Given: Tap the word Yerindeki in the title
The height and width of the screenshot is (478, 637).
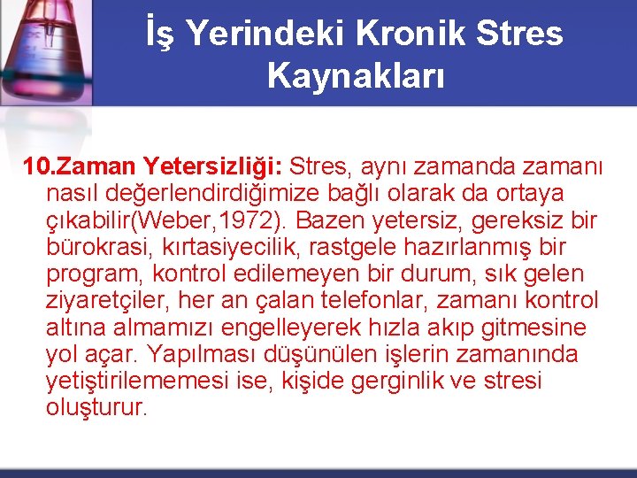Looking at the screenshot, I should coord(268,34).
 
